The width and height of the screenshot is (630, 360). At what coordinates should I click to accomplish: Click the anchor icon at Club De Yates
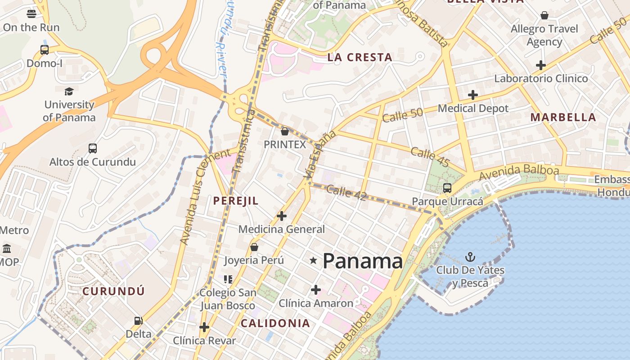[x=470, y=257]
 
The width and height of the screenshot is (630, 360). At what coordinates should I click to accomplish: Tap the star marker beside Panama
[x=314, y=260]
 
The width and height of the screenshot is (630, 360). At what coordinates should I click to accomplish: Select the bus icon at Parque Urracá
[x=447, y=188]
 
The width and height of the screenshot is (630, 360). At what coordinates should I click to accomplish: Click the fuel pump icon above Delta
[x=139, y=321]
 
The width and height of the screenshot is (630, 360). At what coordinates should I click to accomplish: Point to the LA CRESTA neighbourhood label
[x=360, y=57]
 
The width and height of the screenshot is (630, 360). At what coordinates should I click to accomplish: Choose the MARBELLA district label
[x=563, y=117]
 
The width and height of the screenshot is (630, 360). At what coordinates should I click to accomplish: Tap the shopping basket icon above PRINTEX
[x=284, y=131]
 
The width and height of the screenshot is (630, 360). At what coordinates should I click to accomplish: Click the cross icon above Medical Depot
[x=472, y=95]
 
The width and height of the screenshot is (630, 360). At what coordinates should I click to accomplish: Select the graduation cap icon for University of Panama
[x=69, y=92]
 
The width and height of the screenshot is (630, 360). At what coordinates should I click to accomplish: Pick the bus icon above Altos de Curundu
[x=92, y=148]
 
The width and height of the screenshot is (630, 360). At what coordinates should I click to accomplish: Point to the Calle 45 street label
[x=430, y=157]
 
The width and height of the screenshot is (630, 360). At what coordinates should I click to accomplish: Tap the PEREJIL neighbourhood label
[x=236, y=201]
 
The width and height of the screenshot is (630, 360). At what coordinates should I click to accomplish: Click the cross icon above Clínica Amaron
[x=316, y=289]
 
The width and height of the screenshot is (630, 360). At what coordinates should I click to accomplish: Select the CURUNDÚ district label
[x=114, y=291]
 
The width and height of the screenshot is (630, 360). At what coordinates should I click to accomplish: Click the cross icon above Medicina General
[x=281, y=216]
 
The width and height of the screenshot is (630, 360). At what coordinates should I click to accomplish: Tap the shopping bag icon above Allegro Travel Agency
[x=544, y=16]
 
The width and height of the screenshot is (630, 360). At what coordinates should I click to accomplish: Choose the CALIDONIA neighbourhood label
[x=275, y=323]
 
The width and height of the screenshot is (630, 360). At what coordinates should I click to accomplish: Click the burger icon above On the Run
[x=31, y=13]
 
